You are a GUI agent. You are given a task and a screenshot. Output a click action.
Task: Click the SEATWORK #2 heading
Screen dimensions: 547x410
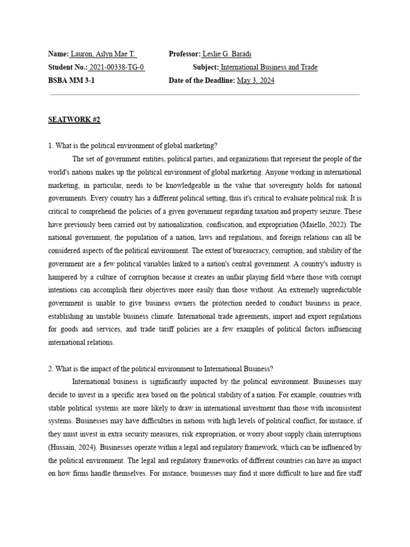coord(74,120)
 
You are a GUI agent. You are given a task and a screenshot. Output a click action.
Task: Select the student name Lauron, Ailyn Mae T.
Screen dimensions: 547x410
coord(104,54)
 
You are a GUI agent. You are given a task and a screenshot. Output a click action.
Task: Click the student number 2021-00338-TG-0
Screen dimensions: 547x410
coord(116,67)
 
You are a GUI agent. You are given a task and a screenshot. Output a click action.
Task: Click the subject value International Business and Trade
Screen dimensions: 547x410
coord(269,67)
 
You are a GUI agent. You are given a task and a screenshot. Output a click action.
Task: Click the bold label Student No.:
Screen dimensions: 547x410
coord(67,67)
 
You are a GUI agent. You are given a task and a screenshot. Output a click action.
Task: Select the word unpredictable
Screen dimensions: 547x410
coord(335,289)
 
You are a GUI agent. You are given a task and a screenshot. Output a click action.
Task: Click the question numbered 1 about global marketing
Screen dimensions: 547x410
coord(133,146)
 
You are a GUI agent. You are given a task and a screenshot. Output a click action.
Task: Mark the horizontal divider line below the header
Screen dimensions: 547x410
coord(204,95)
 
